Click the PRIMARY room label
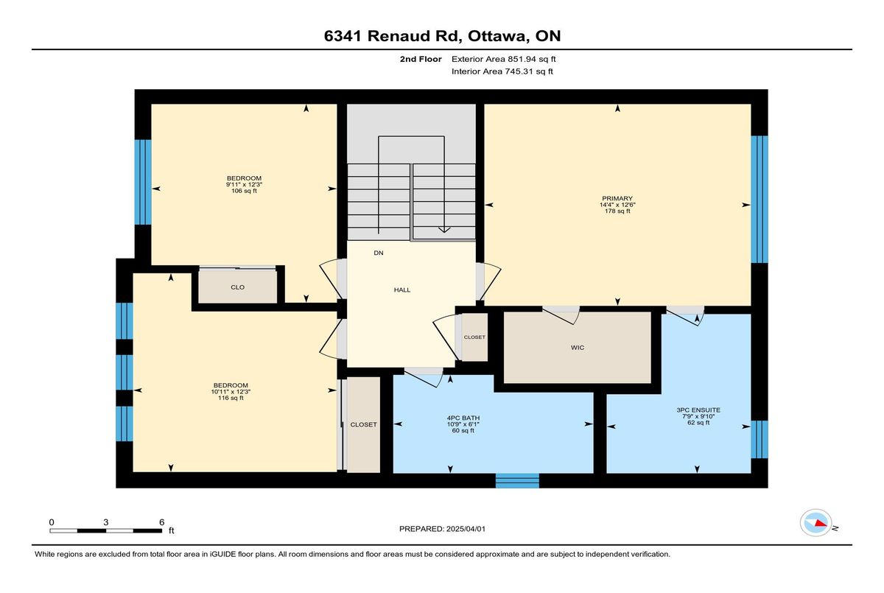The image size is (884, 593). [617, 198]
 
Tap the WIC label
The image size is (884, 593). [578, 348]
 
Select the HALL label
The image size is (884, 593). [402, 290]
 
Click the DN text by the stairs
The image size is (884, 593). [379, 253]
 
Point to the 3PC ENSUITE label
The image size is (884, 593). [698, 410]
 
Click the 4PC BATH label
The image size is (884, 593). [463, 418]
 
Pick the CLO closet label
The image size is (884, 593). [237, 287]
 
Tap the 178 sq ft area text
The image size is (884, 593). [617, 211]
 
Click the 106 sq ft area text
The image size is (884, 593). [244, 191]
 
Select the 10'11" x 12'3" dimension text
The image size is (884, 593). [231, 392]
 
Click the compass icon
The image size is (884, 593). [815, 523]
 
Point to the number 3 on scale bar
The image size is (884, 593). [106, 522]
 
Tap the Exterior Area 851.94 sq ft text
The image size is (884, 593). [504, 59]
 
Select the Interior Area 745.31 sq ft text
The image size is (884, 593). [502, 71]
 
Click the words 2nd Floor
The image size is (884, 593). [421, 59]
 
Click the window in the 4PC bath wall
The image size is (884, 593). [517, 480]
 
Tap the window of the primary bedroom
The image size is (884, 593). [760, 199]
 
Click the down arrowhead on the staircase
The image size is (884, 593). [444, 230]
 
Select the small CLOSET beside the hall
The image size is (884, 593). [474, 337]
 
